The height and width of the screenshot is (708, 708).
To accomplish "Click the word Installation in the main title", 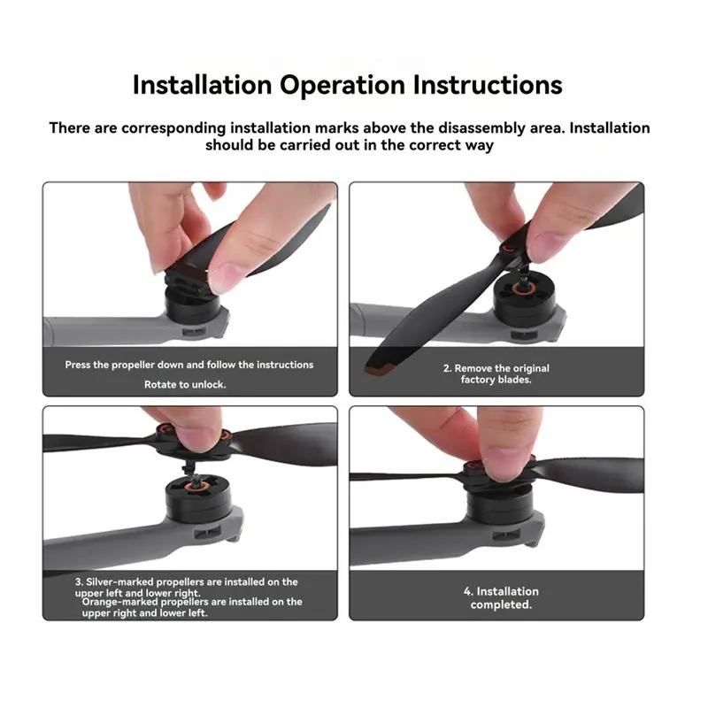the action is click(203, 84).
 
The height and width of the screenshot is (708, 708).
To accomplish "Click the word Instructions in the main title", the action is click(488, 84).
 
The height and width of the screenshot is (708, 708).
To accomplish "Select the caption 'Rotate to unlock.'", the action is click(185, 385).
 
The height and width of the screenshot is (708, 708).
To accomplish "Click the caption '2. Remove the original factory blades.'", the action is click(496, 373).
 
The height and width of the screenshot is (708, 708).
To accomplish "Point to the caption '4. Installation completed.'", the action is click(501, 598).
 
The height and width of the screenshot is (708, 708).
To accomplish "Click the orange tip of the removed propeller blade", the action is click(380, 369).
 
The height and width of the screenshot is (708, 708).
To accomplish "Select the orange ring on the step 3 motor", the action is click(196, 486).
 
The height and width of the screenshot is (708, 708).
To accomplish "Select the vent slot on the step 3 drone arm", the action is click(207, 534).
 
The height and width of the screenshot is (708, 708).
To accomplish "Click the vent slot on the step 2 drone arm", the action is click(524, 335).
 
